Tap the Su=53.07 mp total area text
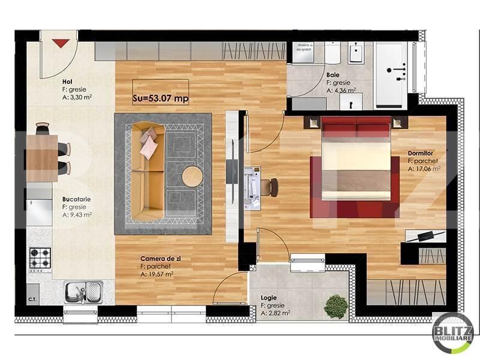(160, 99)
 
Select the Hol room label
(68, 82)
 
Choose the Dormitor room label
(420, 153)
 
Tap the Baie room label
(334, 76)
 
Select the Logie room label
(268, 298)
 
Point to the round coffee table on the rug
(193, 177)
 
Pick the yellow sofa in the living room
(148, 172)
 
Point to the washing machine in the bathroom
(308, 53)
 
